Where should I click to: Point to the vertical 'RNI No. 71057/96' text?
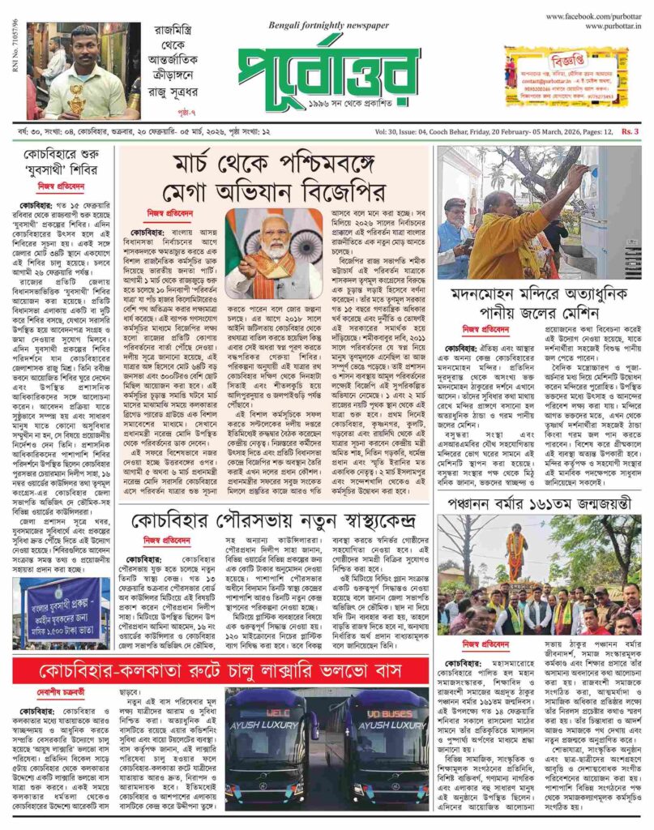tap(9, 49)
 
